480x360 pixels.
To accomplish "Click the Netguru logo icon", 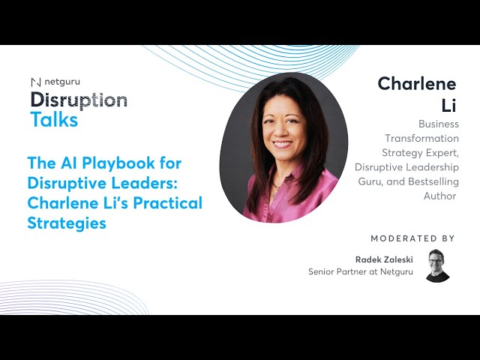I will pos(35,82).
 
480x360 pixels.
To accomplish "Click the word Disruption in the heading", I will pos(79,100).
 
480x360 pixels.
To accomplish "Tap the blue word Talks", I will pos(54,119).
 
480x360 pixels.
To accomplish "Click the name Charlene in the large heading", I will pos(417,83).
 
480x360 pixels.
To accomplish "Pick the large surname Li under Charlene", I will pos(448,105).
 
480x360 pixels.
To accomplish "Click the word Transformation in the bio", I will pos(421,138).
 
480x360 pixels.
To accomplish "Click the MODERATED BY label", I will pos(412,238).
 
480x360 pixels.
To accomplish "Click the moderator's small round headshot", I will pos(437,265).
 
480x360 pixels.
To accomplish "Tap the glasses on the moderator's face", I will pos(437,260).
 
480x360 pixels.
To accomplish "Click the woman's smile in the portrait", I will pos(283,143).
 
